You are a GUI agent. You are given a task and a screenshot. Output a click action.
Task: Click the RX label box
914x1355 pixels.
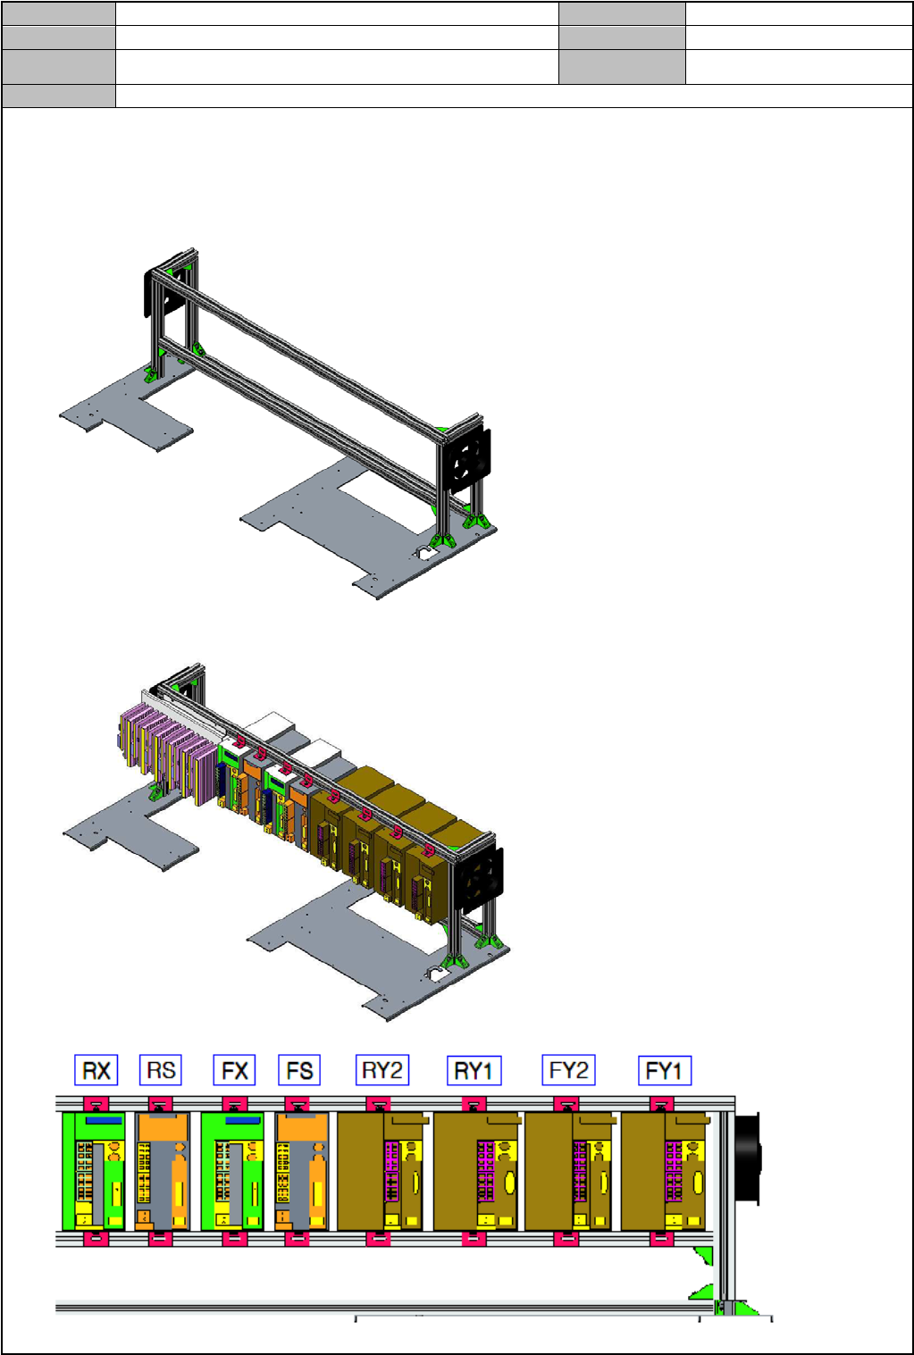pyautogui.click(x=96, y=1070)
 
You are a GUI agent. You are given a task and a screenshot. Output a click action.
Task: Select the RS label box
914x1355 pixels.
pyautogui.click(x=161, y=1069)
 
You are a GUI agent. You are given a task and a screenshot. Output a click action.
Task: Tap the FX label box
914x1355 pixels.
pyautogui.click(x=235, y=1070)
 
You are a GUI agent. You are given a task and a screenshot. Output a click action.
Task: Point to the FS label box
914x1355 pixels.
pyautogui.click(x=299, y=1070)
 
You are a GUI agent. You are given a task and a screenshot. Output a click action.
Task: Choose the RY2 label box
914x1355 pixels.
pyautogui.click(x=382, y=1069)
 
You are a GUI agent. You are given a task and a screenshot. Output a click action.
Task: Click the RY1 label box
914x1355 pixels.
pyautogui.click(x=474, y=1070)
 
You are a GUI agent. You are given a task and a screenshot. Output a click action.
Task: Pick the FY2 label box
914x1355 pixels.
pyautogui.click(x=568, y=1069)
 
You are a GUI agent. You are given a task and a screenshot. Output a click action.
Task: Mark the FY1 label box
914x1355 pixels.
pyautogui.click(x=665, y=1070)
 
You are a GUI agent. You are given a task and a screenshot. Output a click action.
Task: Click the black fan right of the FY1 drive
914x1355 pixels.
pyautogui.click(x=748, y=1159)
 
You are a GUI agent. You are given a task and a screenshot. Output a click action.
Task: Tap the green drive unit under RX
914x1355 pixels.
pyautogui.click(x=94, y=1171)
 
